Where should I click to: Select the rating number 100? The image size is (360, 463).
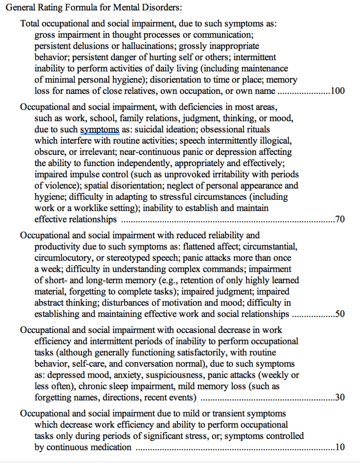pyautogui.click(x=337, y=91)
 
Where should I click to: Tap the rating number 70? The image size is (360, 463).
pyautogui.click(x=340, y=220)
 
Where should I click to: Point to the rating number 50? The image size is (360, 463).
pyautogui.click(x=340, y=314)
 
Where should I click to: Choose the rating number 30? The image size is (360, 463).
pyautogui.click(x=340, y=398)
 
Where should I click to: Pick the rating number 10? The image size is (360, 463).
pyautogui.click(x=340, y=447)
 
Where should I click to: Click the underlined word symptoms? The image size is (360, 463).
pyautogui.click(x=100, y=129)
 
